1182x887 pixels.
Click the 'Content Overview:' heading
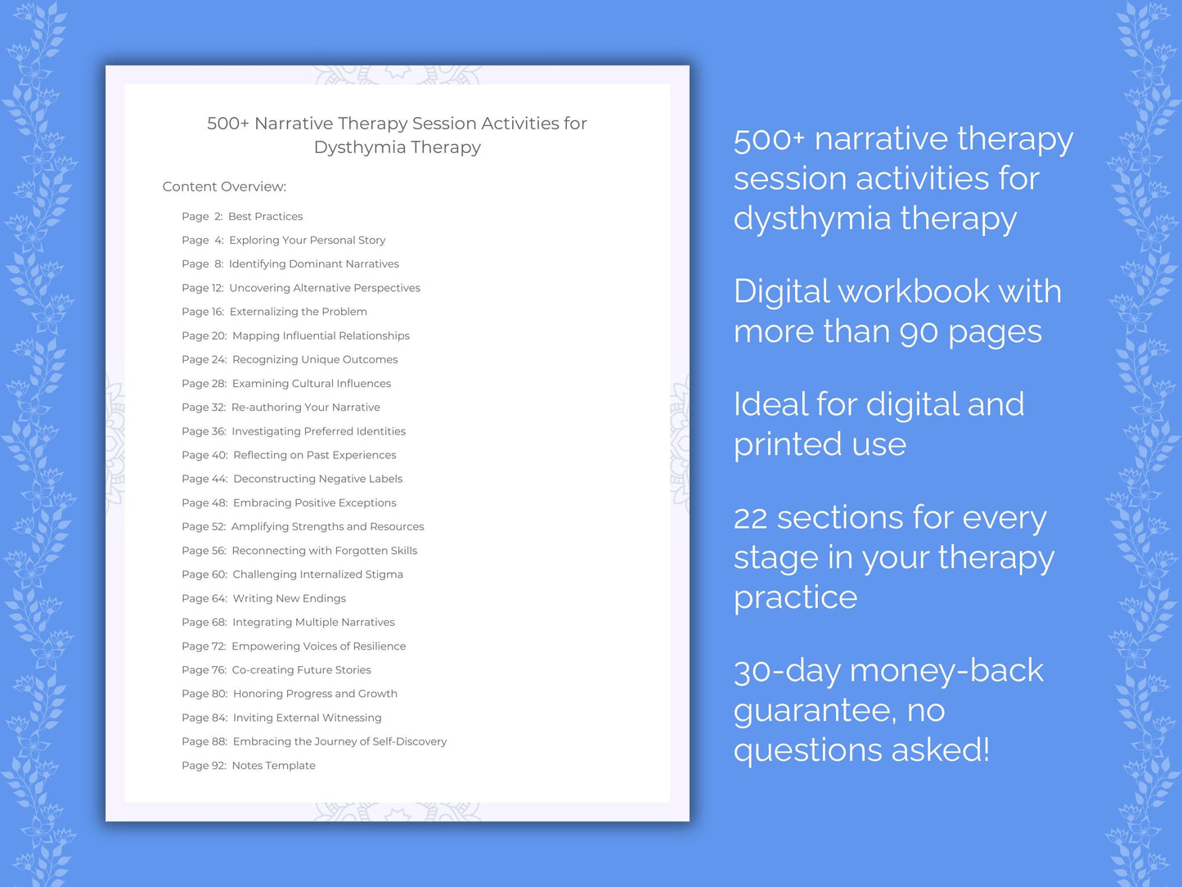coord(224,187)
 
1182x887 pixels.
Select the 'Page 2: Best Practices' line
coord(242,216)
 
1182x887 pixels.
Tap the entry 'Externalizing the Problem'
coord(298,312)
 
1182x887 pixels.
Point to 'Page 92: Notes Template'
coord(248,765)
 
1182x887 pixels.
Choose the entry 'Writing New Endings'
coord(289,598)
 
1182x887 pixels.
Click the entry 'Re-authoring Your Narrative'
coord(305,407)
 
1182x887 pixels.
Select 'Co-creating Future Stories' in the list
coord(301,669)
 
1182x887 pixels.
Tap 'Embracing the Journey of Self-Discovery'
coord(339,741)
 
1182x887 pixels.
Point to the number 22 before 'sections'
coord(750,519)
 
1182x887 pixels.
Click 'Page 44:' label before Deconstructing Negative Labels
coord(204,479)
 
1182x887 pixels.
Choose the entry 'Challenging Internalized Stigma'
coord(317,574)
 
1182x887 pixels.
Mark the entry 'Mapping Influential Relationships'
coord(321,335)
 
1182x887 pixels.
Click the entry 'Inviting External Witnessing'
coord(307,718)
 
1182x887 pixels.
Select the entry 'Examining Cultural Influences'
coord(311,383)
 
